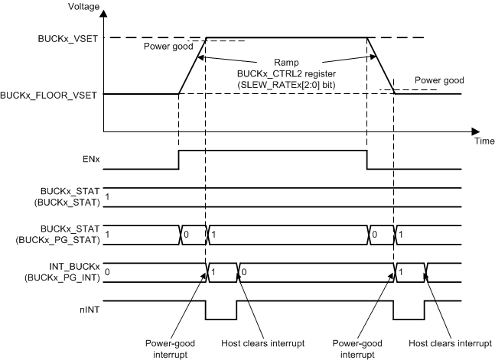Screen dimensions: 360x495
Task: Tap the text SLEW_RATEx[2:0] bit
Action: (287, 79)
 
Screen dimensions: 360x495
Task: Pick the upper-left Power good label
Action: (167, 47)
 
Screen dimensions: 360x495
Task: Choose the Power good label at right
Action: (438, 79)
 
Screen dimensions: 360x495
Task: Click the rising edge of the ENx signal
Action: (178, 160)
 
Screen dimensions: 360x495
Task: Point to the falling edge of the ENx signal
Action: (366, 160)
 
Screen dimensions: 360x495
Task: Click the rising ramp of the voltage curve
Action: (192, 65)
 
